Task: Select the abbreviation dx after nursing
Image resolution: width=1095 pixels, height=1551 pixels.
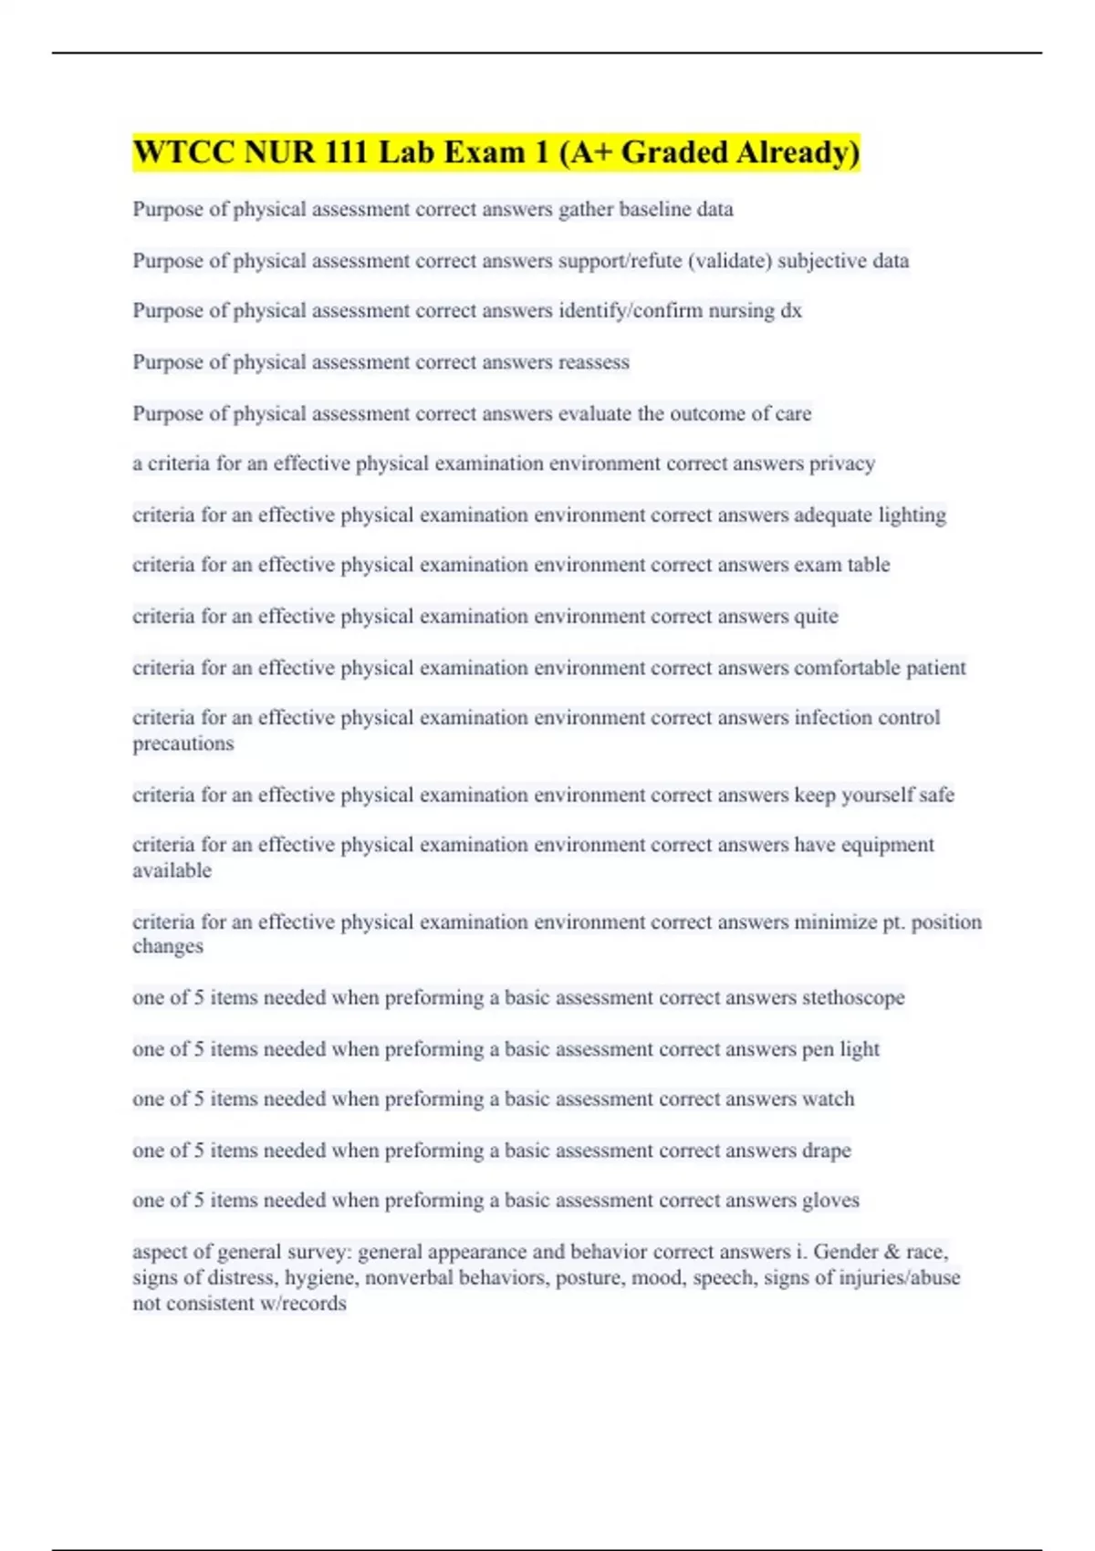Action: click(x=790, y=311)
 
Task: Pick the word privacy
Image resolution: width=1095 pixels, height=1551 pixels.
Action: click(x=842, y=463)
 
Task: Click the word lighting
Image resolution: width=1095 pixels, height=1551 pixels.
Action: click(x=912, y=515)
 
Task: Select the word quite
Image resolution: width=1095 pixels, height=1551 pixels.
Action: click(x=816, y=617)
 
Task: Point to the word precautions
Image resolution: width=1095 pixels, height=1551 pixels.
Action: click(x=183, y=744)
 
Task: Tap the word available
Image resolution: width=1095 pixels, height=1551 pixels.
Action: click(x=172, y=870)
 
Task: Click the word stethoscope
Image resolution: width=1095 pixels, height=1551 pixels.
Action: click(x=853, y=998)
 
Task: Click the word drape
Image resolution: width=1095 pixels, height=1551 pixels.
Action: click(x=826, y=1150)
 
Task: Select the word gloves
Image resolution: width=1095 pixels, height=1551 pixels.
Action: click(x=830, y=1201)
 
